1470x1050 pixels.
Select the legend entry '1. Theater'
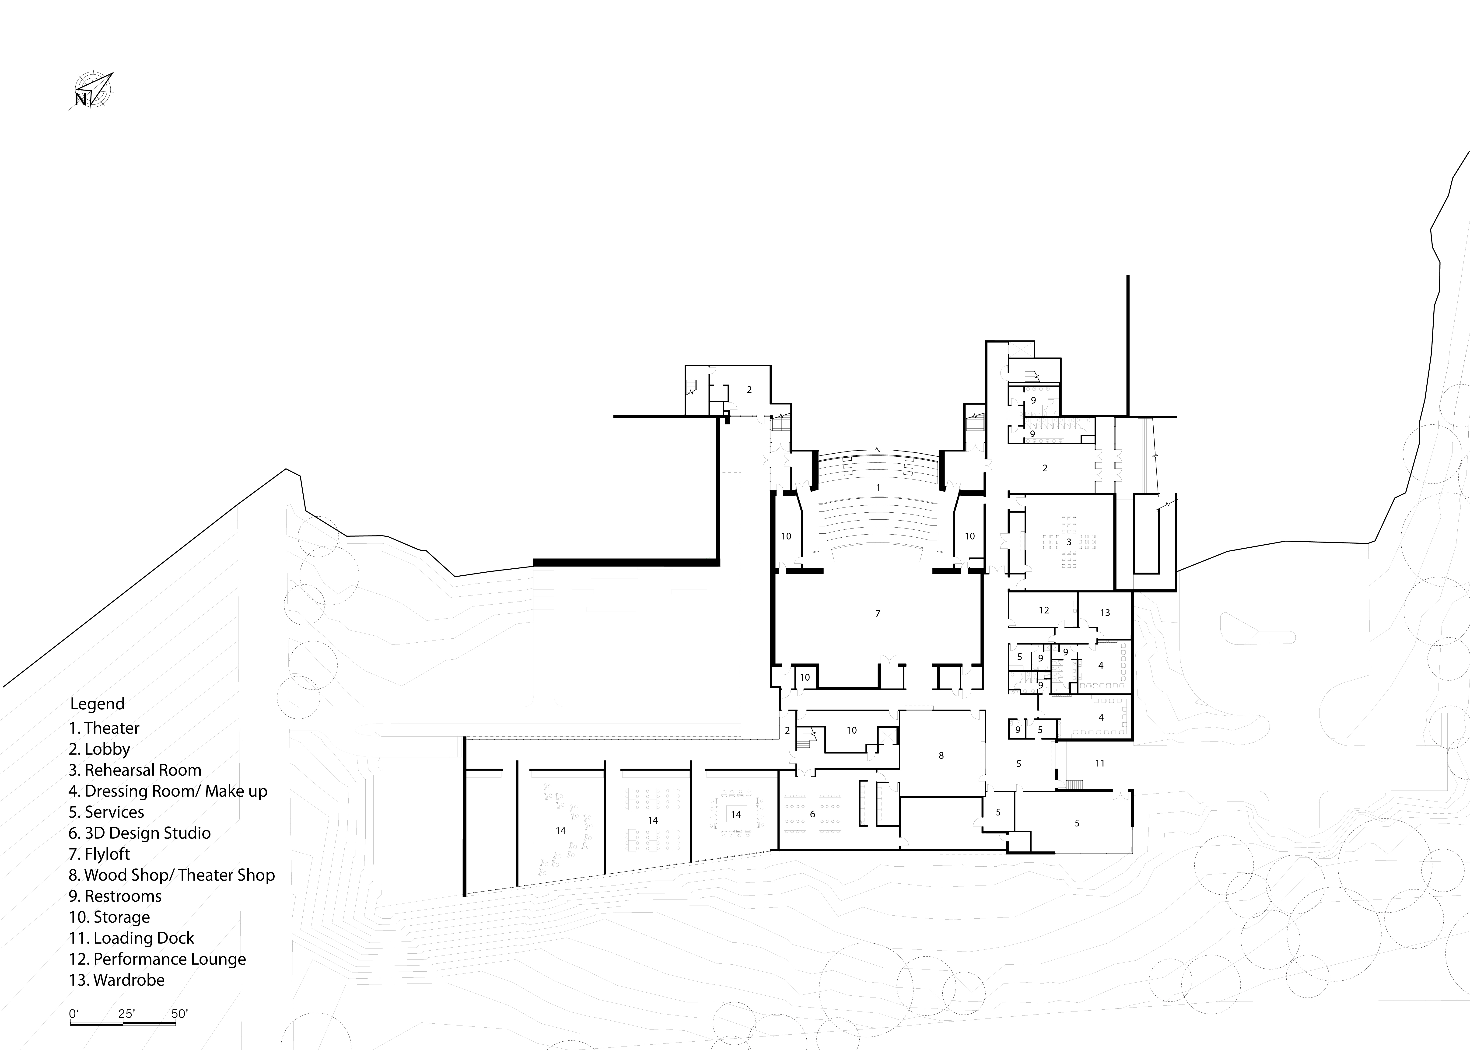(x=104, y=728)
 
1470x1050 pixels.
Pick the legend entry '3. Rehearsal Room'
(x=135, y=770)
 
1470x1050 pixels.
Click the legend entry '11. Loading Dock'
(x=131, y=938)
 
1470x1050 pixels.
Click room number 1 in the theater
(x=878, y=487)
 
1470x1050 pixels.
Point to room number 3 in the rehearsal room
(x=1069, y=542)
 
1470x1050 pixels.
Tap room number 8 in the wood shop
(x=941, y=755)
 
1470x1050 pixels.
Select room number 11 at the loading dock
(x=1100, y=763)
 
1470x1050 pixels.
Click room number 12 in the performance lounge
(x=1044, y=610)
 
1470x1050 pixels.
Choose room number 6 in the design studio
(x=812, y=814)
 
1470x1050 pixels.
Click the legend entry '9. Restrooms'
(x=115, y=896)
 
